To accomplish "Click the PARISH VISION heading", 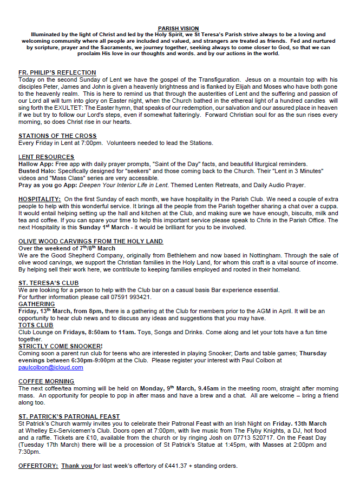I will [x=178, y=28].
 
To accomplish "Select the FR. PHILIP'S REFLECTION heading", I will [x=57, y=72].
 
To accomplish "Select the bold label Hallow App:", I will [x=36, y=164].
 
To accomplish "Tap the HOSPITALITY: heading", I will [x=40, y=199].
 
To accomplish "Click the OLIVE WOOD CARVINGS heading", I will [x=90, y=241].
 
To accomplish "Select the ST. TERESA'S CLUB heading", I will [x=49, y=283].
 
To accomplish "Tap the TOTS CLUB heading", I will [x=36, y=325].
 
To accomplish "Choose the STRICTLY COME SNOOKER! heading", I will [x=61, y=346].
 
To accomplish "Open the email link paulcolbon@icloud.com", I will [x=51, y=368].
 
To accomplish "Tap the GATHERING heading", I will [x=36, y=304].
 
